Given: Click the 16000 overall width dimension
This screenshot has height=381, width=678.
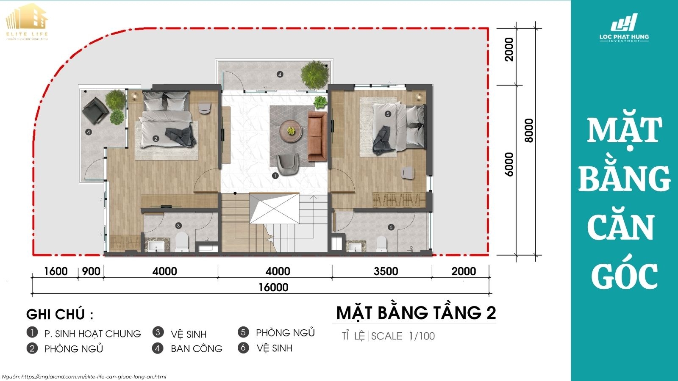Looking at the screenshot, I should pyautogui.click(x=273, y=287).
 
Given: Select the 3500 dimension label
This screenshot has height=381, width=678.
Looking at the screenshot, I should pyautogui.click(x=386, y=271).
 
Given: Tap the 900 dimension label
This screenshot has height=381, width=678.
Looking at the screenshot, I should pyautogui.click(x=91, y=271).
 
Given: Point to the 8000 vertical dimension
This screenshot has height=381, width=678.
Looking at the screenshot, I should pyautogui.click(x=529, y=130).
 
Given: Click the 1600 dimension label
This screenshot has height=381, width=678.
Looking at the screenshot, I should pyautogui.click(x=56, y=271).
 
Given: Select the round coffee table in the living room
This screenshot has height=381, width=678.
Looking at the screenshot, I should pyautogui.click(x=291, y=130).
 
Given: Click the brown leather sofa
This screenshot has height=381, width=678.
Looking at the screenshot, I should pyautogui.click(x=317, y=136).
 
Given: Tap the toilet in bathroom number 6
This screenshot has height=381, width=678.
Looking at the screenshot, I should pyautogui.click(x=381, y=243).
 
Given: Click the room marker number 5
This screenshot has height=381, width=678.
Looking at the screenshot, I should pyautogui.click(x=387, y=114).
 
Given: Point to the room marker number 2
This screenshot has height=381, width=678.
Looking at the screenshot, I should pyautogui.click(x=156, y=138).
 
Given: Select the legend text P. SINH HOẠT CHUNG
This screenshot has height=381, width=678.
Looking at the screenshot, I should pyautogui.click(x=92, y=334).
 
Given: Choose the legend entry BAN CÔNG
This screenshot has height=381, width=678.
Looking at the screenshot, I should pyautogui.click(x=196, y=348).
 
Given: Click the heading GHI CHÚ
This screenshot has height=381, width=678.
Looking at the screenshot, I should pyautogui.click(x=59, y=315).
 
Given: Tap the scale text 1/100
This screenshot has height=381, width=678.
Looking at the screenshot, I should pyautogui.click(x=422, y=336).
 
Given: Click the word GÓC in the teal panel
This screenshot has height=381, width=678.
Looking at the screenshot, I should pyautogui.click(x=624, y=275).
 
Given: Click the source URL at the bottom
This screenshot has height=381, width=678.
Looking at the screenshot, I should pyautogui.click(x=93, y=376).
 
